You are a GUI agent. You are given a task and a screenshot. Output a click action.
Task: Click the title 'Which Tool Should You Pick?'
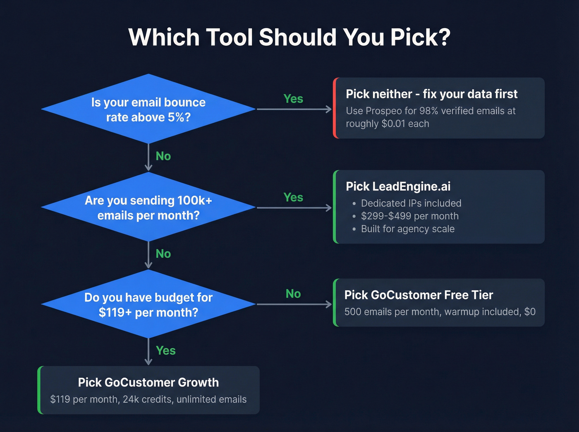tap(289, 37)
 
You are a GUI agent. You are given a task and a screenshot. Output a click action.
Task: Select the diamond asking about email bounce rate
tap(148, 110)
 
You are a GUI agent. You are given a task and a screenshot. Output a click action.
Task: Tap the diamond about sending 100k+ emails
tap(148, 208)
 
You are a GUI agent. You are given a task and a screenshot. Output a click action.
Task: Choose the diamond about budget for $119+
tap(148, 305)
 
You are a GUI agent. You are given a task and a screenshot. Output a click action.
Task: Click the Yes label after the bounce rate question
tap(293, 99)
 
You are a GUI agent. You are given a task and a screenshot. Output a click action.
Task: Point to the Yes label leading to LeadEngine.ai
tap(293, 197)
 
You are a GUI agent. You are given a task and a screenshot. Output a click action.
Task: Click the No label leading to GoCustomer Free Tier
tap(293, 294)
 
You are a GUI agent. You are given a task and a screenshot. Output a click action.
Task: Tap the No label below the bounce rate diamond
tap(163, 156)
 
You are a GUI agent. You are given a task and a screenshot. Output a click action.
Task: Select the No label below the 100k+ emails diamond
tap(163, 253)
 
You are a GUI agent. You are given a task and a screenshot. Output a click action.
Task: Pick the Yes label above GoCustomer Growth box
tap(165, 351)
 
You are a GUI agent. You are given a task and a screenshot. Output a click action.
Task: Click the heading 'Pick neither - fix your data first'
tap(431, 94)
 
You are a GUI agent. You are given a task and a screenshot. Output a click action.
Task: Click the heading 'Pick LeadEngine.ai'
tap(398, 186)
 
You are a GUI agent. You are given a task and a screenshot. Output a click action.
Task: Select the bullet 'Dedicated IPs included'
tap(411, 203)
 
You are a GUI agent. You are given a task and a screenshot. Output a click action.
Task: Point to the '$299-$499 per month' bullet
tap(409, 216)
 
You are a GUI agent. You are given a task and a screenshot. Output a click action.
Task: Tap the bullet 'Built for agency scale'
tap(407, 229)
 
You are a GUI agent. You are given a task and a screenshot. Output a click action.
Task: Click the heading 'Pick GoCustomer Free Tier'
tap(419, 295)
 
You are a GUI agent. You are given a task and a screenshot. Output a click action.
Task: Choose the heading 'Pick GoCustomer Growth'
tap(148, 382)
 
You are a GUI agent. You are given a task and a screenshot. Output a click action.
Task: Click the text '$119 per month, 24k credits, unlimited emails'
tap(148, 399)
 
